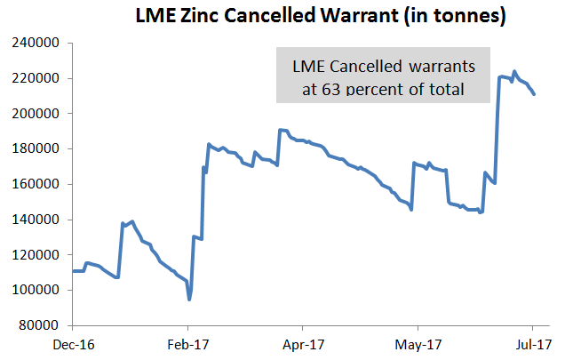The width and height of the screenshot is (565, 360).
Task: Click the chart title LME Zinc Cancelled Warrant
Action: [x=320, y=17]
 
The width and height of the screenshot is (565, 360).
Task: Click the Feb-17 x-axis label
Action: [x=188, y=342]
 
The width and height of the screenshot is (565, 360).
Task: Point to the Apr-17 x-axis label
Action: [x=304, y=342]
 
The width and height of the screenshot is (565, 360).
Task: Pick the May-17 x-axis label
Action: [x=418, y=342]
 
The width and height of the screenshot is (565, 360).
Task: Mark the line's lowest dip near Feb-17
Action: [x=189, y=300]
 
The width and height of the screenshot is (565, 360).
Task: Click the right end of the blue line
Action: [x=533, y=94]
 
